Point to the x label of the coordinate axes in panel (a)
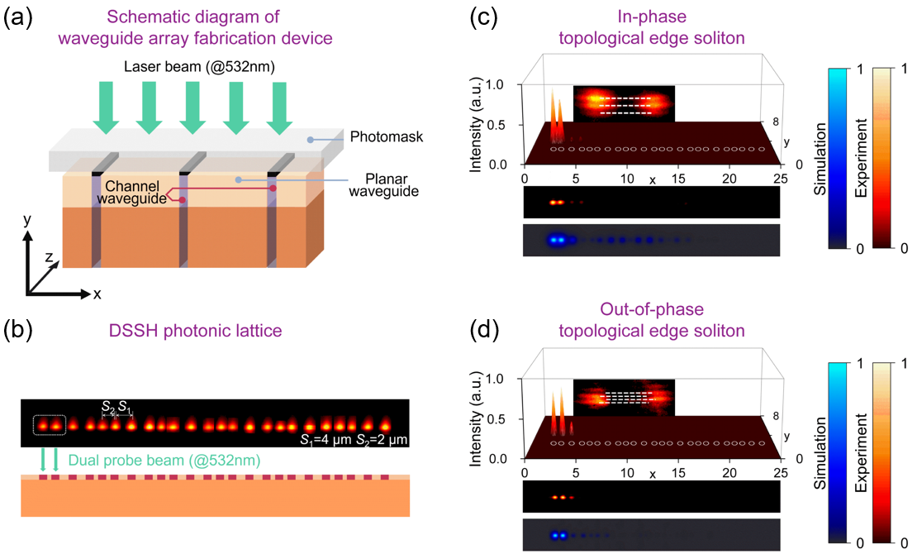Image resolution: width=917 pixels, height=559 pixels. tap(97, 294)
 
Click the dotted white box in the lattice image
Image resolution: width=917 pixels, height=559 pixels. tap(49, 425)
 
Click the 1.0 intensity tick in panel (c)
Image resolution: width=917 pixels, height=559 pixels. tap(502, 85)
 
